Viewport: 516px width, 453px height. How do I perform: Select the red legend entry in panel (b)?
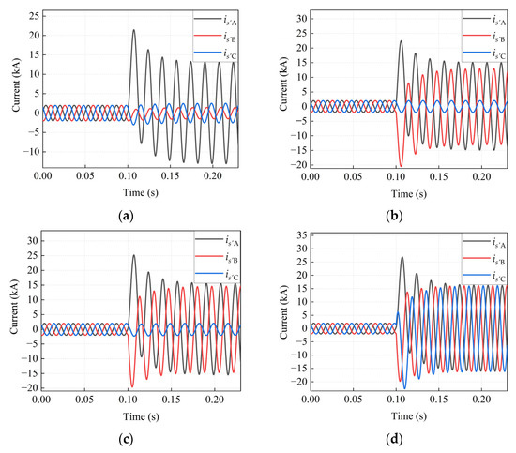(480, 36)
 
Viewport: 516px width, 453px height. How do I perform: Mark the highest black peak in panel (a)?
(133, 30)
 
